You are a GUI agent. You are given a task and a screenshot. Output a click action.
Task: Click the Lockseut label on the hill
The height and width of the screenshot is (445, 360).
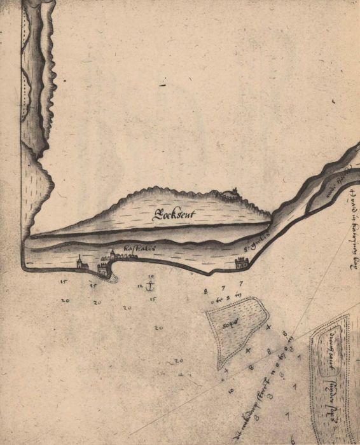click(x=172, y=214)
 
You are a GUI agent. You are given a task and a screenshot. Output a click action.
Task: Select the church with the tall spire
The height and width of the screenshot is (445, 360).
click(x=78, y=263)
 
